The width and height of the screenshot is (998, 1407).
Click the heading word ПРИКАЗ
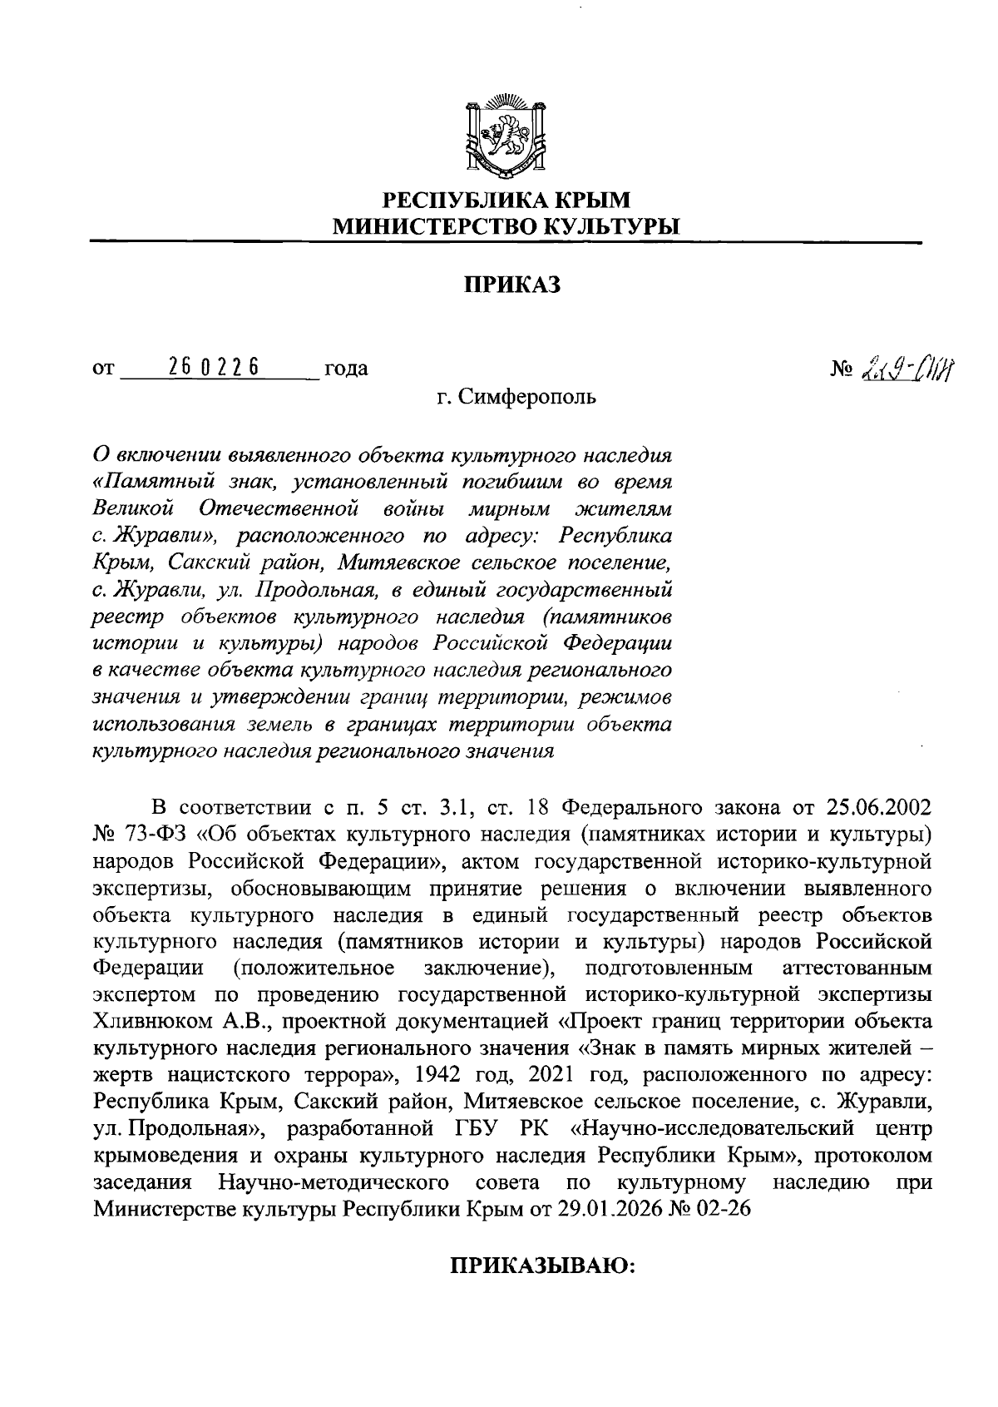pos(512,285)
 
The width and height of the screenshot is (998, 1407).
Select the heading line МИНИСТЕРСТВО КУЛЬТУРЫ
pos(506,225)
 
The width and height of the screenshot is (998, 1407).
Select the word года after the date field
pos(346,369)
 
